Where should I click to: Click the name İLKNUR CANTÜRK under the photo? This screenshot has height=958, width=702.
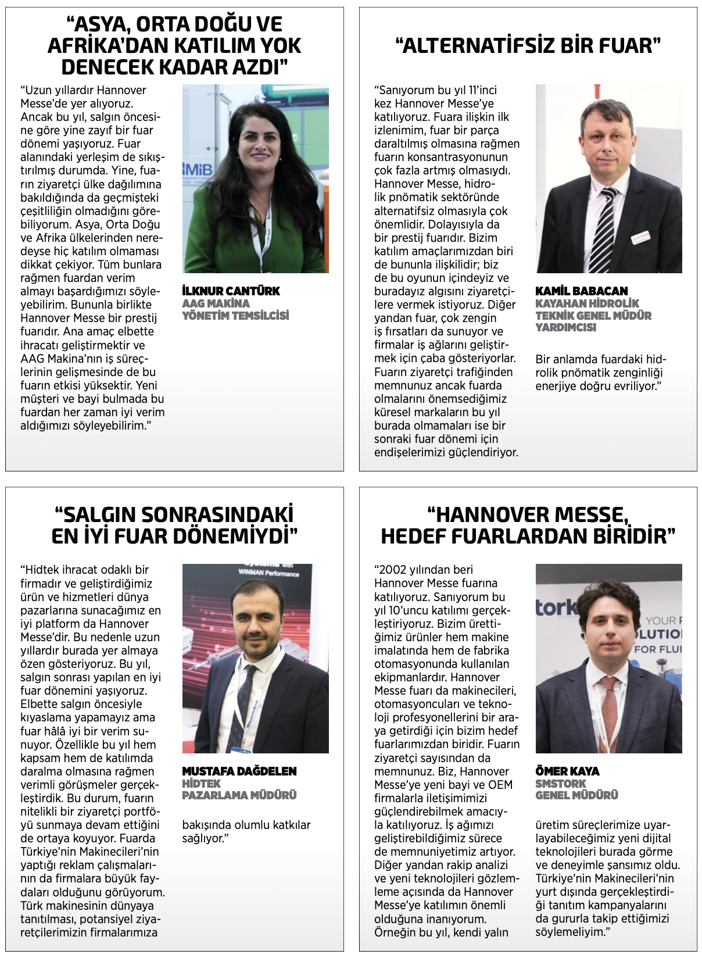point(231,291)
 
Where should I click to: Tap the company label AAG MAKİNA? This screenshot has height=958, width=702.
point(216,303)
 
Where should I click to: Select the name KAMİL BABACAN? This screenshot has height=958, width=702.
point(581,291)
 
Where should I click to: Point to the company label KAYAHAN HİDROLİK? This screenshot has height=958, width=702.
point(587,303)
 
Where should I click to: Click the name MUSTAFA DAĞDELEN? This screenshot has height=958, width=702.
point(239,771)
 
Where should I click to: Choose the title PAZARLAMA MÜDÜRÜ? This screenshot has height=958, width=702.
point(239,795)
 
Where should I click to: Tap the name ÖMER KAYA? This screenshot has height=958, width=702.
point(567,771)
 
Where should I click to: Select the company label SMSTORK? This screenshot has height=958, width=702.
point(560,784)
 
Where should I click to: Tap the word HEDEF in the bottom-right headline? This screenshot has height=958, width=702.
point(411,536)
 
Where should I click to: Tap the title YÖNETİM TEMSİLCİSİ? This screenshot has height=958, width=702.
point(235,316)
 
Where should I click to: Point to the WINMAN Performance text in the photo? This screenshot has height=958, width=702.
point(268,573)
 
